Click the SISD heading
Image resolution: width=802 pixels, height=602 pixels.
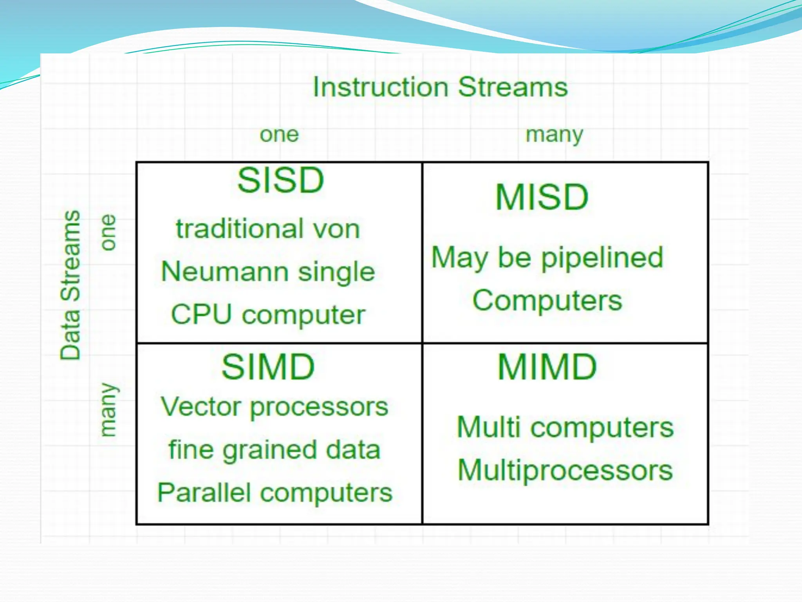[x=280, y=181]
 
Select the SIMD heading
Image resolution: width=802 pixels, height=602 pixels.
[x=268, y=367]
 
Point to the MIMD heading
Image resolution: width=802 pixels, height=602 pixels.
[x=547, y=367]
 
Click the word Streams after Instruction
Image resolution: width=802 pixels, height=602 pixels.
[x=513, y=87]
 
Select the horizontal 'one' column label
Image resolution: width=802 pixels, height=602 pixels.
[x=279, y=135]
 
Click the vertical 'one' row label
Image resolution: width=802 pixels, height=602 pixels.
[x=108, y=232]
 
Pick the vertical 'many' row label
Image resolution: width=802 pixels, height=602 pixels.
[x=108, y=410]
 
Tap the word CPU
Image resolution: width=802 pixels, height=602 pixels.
[x=201, y=315]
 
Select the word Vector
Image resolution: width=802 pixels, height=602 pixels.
[x=201, y=407]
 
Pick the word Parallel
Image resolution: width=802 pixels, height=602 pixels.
[x=204, y=493]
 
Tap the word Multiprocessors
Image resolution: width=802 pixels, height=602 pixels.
[x=565, y=471]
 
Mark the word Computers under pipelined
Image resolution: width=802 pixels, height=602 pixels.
[x=547, y=301]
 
